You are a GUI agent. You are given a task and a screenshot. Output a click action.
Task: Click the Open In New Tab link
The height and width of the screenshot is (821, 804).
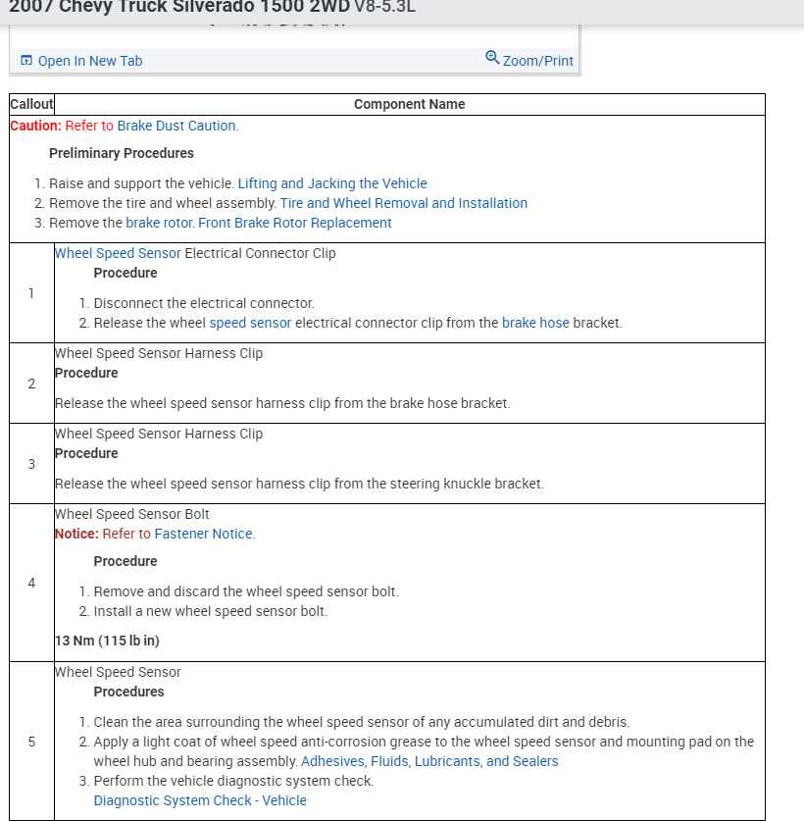click(x=89, y=61)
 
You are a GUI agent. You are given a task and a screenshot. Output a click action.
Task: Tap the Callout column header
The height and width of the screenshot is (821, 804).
click(x=32, y=104)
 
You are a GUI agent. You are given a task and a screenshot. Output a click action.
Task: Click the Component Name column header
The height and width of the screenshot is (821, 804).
click(x=409, y=104)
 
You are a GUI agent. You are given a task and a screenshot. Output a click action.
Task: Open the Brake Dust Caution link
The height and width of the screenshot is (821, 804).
click(x=176, y=126)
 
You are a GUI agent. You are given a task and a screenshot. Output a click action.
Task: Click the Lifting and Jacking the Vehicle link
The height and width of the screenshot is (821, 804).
click(x=332, y=183)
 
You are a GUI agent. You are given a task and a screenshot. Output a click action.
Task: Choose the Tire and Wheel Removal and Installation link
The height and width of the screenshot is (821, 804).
click(x=404, y=203)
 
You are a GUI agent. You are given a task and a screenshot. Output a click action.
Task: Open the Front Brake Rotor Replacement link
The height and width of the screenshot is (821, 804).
click(x=295, y=223)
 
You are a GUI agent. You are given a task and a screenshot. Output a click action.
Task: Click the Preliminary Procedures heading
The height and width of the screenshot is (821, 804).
click(x=122, y=153)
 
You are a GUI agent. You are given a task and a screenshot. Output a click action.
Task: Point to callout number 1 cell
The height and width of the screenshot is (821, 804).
click(x=31, y=293)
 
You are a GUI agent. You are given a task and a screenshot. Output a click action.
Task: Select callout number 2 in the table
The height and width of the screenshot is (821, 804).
click(x=31, y=384)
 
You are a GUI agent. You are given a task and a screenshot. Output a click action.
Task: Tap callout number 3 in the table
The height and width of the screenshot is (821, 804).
click(x=31, y=464)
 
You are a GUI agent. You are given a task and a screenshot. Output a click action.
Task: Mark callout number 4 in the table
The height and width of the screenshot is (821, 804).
click(x=31, y=583)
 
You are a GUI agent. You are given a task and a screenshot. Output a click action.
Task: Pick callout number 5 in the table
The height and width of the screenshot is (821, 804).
click(x=31, y=742)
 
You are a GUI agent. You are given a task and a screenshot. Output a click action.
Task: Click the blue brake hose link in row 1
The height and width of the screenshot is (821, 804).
click(x=535, y=323)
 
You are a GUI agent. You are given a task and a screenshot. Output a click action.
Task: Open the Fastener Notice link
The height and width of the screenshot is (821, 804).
click(x=204, y=534)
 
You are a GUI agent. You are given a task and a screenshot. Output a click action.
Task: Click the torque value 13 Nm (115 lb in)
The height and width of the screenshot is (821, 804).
click(x=107, y=641)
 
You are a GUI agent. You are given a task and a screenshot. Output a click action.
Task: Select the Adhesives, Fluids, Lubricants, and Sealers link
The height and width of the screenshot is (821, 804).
click(x=429, y=761)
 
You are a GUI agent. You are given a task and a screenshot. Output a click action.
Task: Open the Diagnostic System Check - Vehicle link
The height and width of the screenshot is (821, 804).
click(x=200, y=800)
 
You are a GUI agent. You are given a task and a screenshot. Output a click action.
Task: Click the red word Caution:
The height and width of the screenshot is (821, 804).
click(x=35, y=126)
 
